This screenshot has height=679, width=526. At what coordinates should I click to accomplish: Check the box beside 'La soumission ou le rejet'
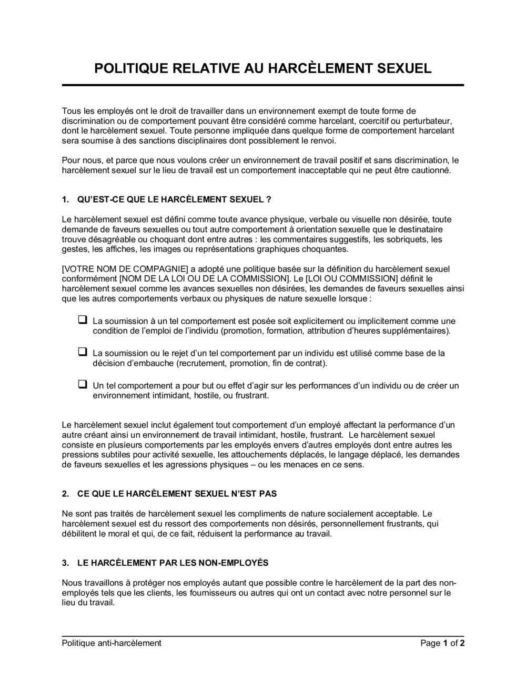tap(83, 352)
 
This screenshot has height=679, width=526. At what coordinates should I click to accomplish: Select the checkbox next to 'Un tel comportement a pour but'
tap(83, 384)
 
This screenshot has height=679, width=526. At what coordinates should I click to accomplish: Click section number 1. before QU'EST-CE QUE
tap(65, 199)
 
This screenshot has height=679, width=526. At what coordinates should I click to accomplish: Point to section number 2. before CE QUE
tap(65, 494)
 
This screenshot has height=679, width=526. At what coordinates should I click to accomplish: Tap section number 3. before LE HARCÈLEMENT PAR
tap(65, 563)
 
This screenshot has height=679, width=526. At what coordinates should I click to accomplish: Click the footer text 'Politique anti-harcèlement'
tap(112, 643)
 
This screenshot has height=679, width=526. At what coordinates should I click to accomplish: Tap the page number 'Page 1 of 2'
tap(442, 643)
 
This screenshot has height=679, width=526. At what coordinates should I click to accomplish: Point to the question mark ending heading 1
tap(269, 199)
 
